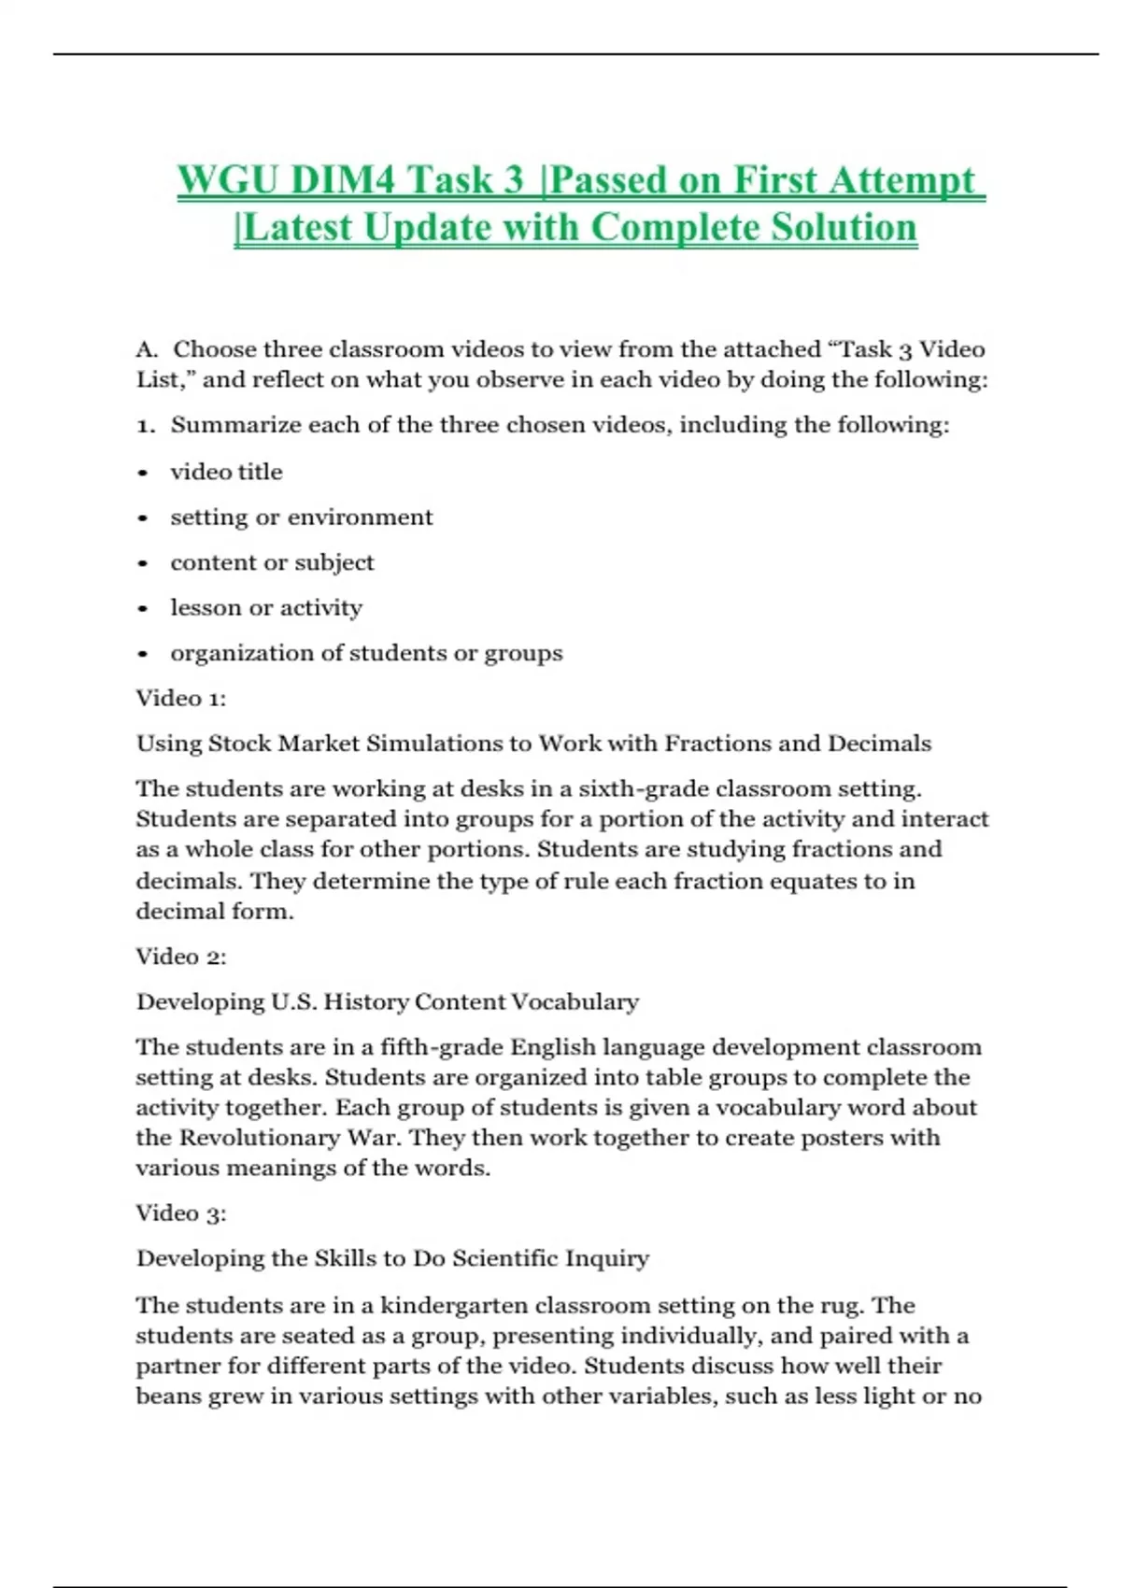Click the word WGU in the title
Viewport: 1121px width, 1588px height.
(227, 180)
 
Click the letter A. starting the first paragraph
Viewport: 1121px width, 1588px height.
(146, 349)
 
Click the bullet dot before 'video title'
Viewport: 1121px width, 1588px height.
(143, 473)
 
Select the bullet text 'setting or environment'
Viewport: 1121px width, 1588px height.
(301, 518)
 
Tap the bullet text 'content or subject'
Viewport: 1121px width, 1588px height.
(272, 562)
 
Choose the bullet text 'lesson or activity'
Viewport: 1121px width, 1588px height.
(266, 608)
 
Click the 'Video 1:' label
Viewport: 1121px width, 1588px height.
(181, 698)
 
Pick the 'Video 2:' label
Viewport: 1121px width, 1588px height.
(181, 957)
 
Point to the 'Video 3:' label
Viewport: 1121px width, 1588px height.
(181, 1213)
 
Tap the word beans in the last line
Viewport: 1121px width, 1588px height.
(168, 1397)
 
